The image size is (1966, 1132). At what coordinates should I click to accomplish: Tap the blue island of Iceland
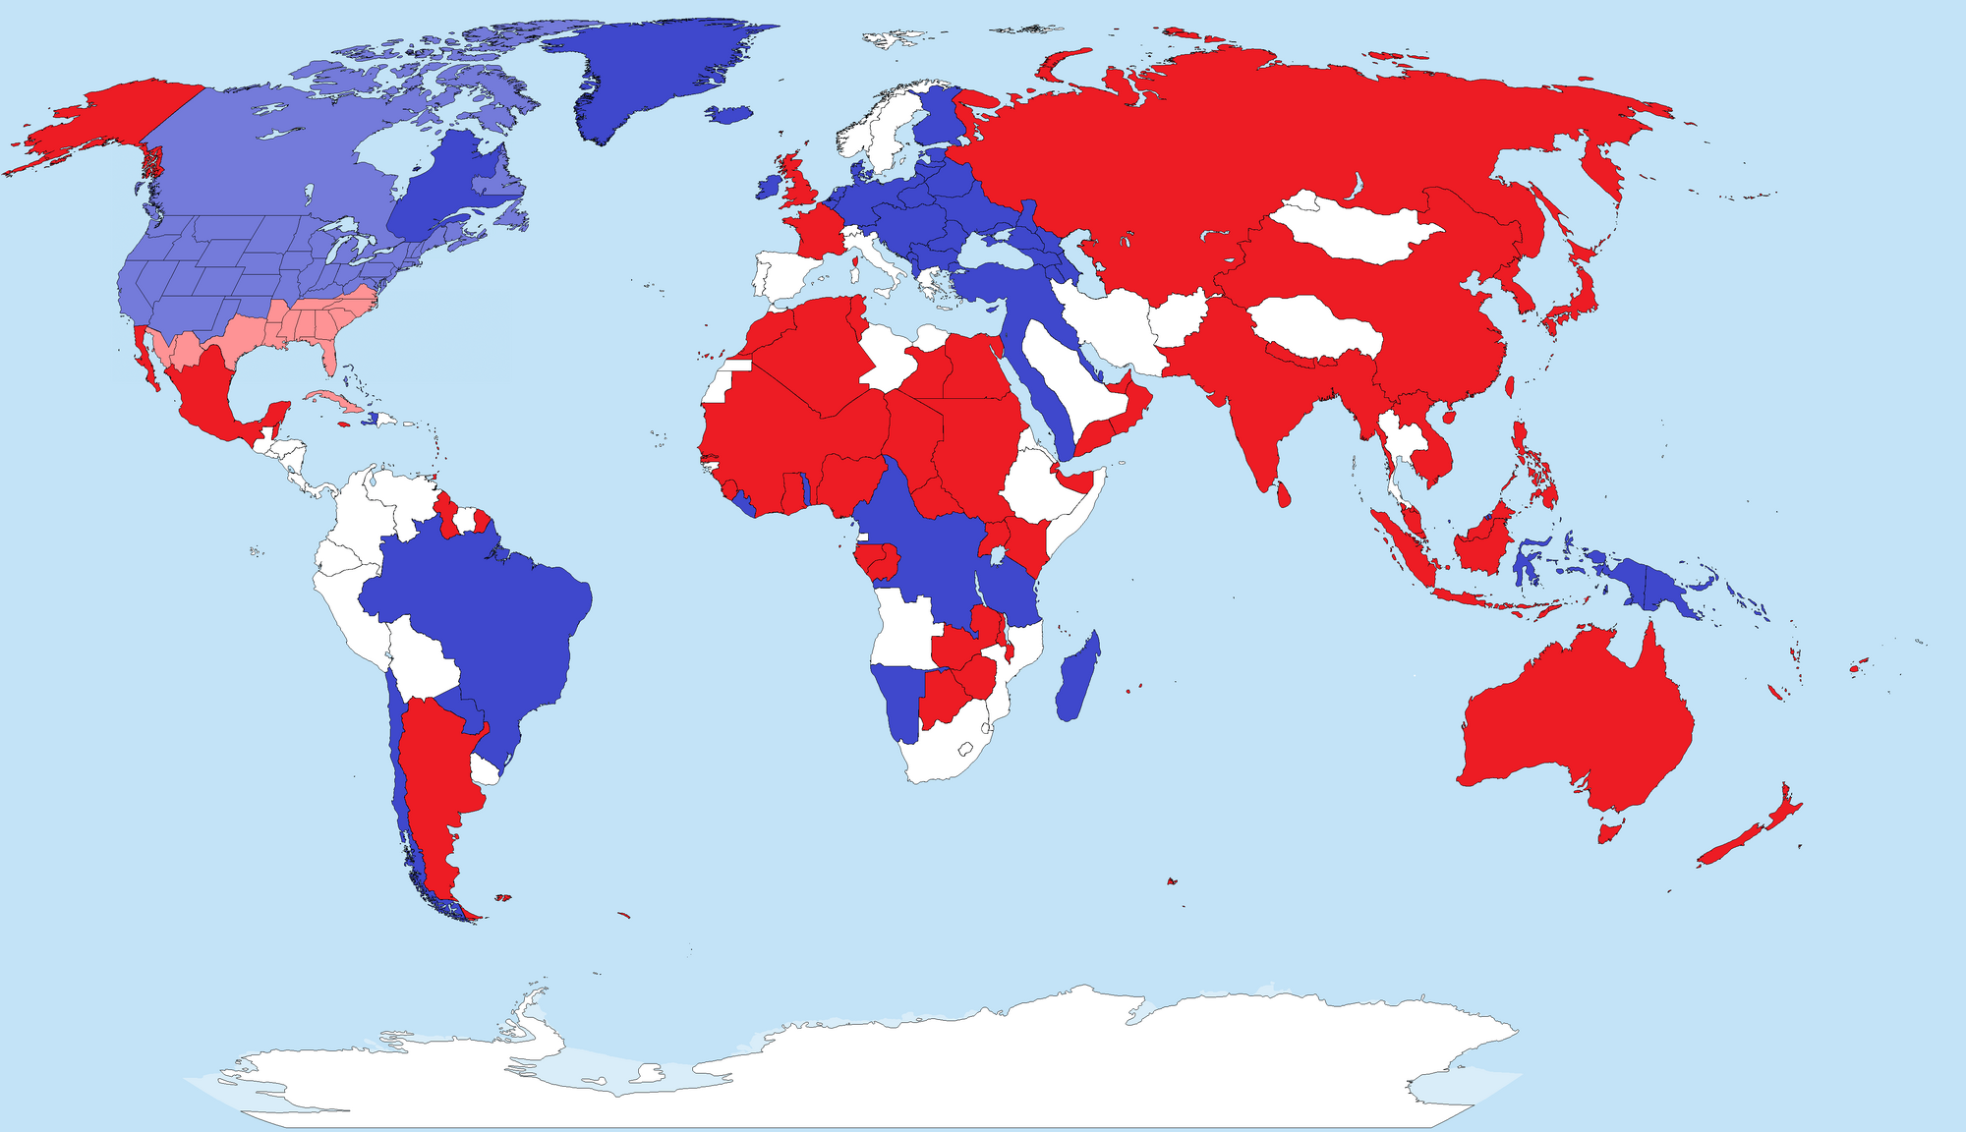click(x=729, y=115)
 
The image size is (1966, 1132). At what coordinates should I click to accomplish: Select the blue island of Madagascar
click(x=1078, y=679)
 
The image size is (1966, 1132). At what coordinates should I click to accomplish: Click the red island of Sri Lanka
click(x=1283, y=495)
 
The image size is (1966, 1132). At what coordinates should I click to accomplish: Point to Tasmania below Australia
click(x=1608, y=833)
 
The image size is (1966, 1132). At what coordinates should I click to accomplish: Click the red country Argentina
click(x=433, y=776)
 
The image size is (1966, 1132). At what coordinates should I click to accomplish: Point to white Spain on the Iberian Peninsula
click(x=781, y=275)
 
